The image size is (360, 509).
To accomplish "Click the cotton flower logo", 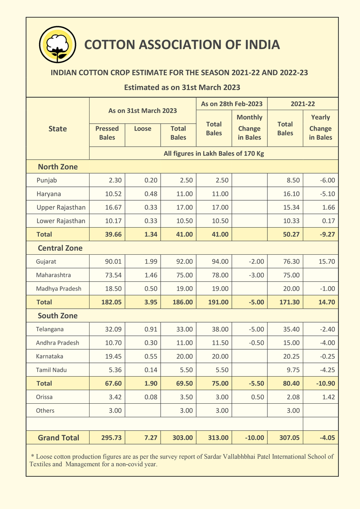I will pos(57,45).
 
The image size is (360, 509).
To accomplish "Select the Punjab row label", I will pos(47,180).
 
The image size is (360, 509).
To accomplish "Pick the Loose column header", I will pos(143,129).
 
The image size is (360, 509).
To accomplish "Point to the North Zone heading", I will pos(58,167).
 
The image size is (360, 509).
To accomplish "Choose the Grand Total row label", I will pos(58,438).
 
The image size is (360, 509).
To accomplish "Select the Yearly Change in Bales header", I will pos(320,127).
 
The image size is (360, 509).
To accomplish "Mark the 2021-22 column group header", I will pos(302,104).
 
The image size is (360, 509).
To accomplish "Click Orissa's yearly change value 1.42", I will pos(327,397).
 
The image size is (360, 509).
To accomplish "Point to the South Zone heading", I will pos(58,316).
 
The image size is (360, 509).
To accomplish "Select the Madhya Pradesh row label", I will pos(58,289).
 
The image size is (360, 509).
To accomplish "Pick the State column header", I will pos(58,129).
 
